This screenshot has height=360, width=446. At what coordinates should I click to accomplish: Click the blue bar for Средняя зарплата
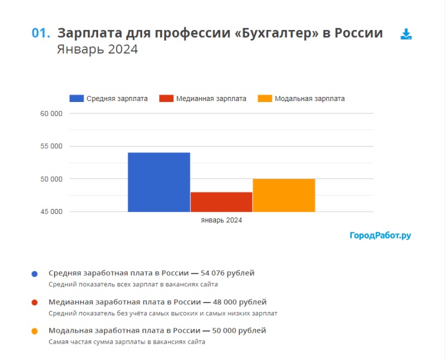(x=159, y=182)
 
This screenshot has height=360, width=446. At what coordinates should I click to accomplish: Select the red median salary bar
(x=221, y=202)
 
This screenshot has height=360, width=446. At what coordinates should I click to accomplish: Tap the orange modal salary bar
(x=284, y=195)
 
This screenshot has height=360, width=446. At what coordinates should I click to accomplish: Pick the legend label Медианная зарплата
(x=211, y=99)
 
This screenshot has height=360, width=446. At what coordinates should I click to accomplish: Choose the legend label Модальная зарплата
(x=309, y=99)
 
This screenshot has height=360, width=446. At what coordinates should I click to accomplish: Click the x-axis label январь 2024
(x=221, y=221)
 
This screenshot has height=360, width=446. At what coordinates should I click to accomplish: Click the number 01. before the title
(x=41, y=33)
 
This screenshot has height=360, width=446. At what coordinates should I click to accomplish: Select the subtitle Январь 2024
(x=97, y=50)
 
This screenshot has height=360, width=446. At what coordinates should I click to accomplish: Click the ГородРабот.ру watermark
(x=380, y=236)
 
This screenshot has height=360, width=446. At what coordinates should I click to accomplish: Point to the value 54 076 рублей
(x=227, y=273)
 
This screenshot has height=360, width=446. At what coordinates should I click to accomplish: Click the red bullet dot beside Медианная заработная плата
(x=35, y=303)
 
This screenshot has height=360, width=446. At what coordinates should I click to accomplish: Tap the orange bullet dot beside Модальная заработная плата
(x=35, y=331)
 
